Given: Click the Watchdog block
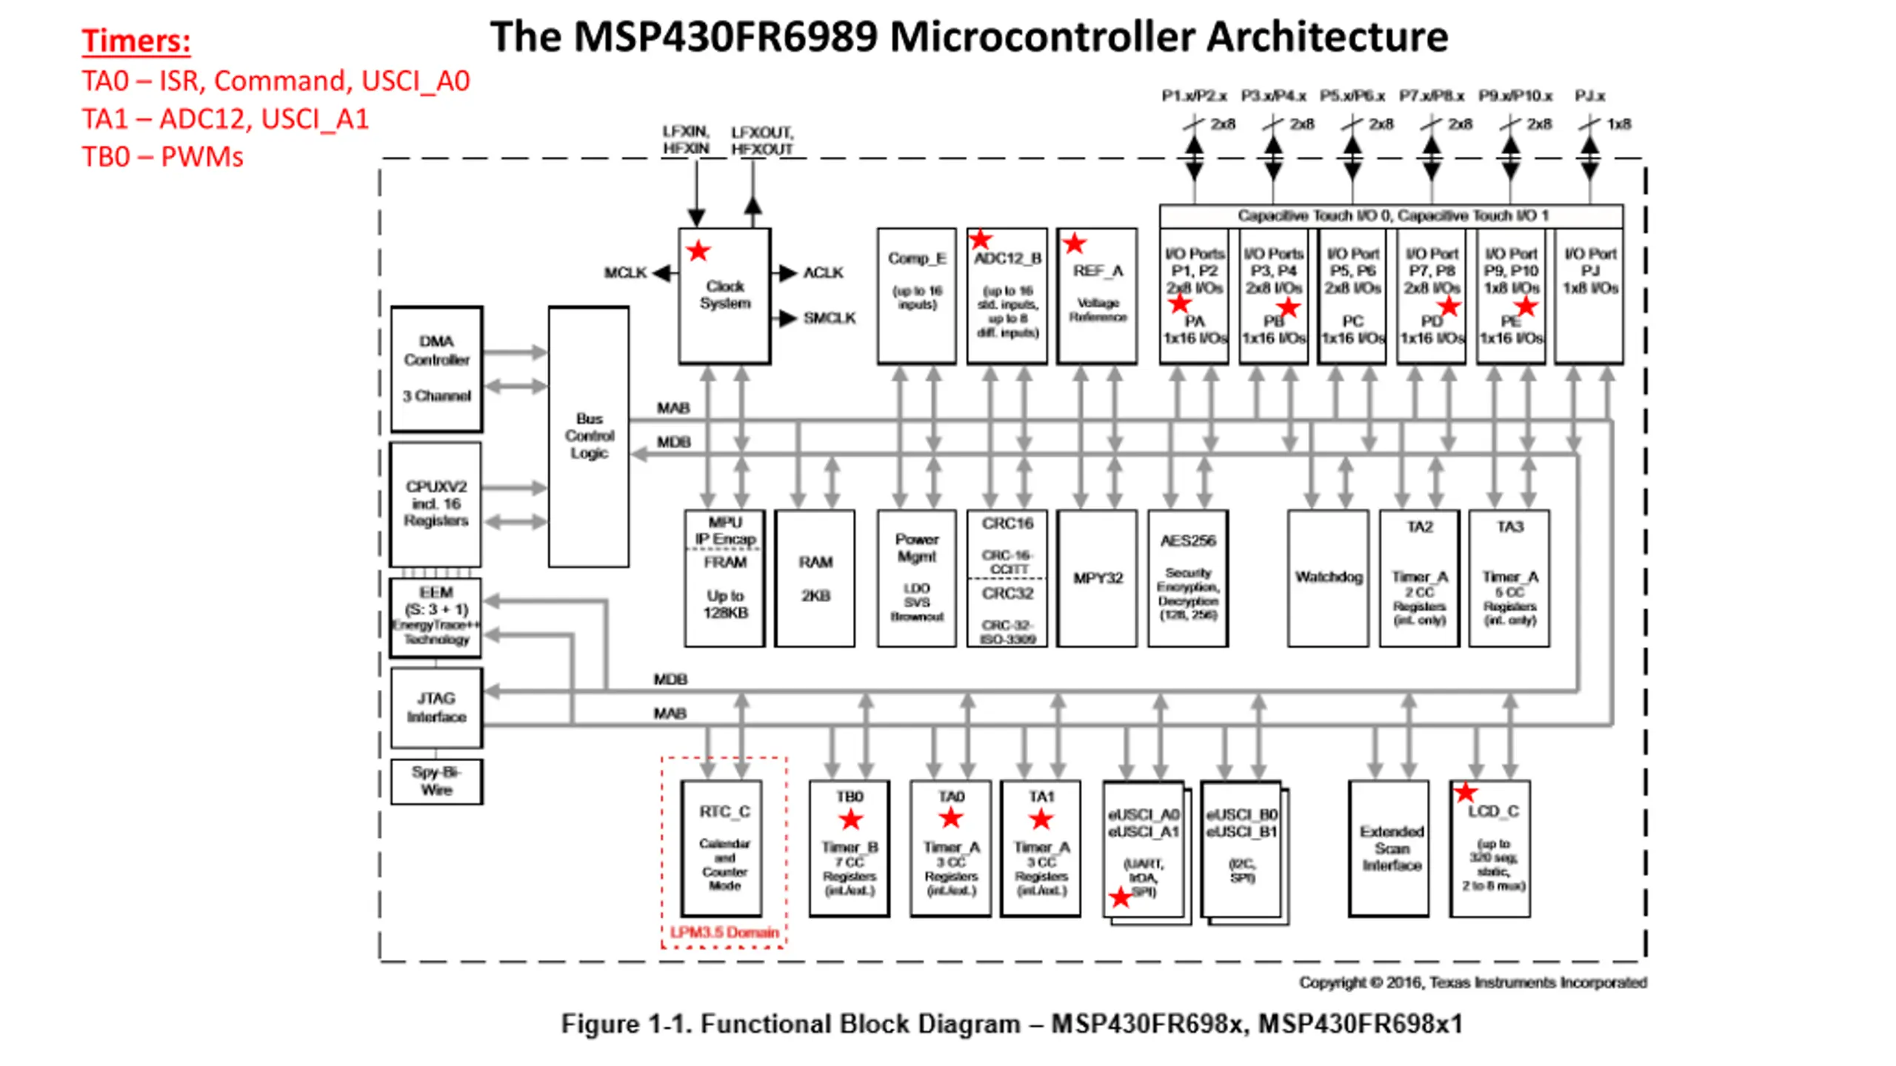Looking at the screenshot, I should point(1327,577).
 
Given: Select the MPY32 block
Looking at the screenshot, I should point(1097,577).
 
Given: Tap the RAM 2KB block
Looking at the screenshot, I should point(815,577).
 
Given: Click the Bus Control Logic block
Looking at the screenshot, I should point(589,436).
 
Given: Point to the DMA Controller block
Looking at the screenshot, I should point(436,369).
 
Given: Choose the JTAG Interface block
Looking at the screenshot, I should point(436,708).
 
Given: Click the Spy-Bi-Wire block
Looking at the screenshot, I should point(436,781).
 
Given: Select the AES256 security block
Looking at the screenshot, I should point(1188,577).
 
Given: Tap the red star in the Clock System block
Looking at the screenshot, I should point(698,252).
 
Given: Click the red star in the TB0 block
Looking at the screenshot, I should point(850,819).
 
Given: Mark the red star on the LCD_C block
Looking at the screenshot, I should point(1465,793).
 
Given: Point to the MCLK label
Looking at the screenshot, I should point(625,273).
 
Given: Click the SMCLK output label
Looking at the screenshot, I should point(829,318).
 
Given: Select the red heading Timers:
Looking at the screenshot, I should point(136,41).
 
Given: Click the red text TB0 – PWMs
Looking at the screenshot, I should point(162,157).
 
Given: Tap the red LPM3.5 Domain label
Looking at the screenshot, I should point(724,932).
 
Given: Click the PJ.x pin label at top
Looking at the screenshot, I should point(1589,96).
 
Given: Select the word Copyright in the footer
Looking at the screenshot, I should point(1332,982).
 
